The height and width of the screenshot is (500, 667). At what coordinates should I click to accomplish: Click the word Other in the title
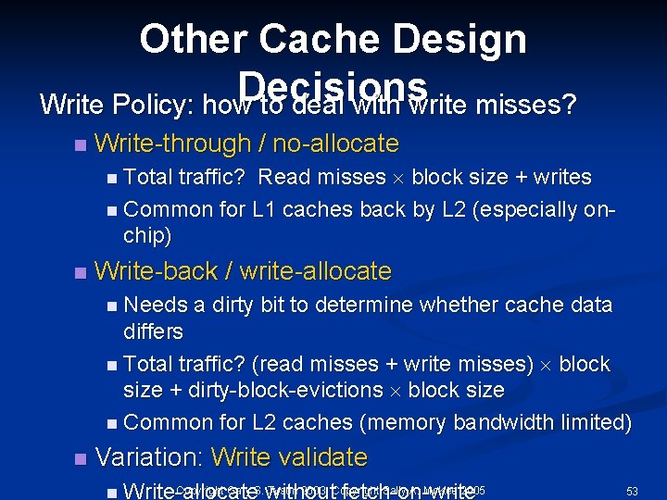[x=193, y=39]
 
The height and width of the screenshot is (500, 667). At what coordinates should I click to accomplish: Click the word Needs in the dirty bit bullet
[x=153, y=305]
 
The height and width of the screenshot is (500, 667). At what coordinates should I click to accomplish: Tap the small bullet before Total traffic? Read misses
[x=112, y=178]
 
